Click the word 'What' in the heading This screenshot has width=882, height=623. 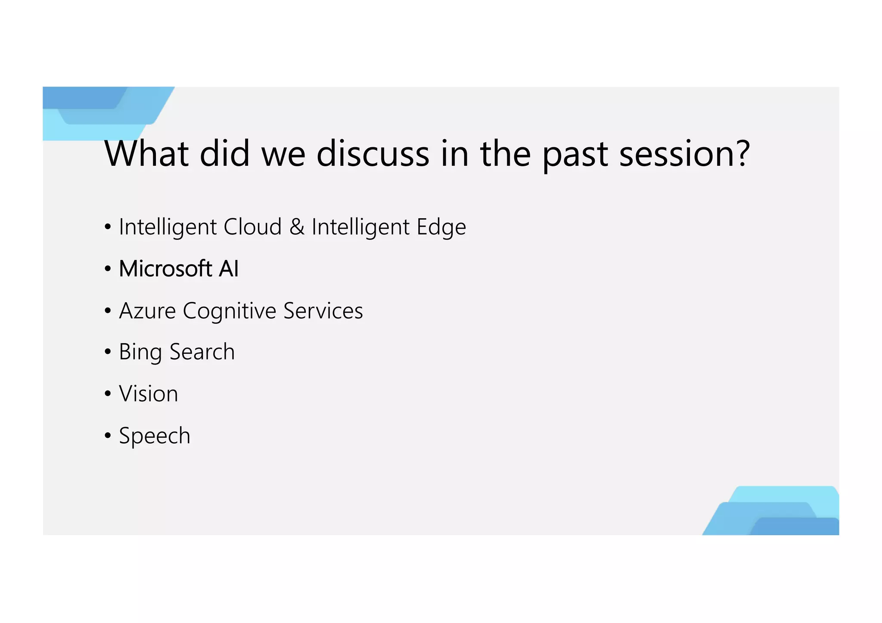click(x=146, y=154)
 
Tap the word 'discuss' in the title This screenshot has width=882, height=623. click(x=373, y=154)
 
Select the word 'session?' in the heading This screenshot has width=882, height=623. click(x=684, y=154)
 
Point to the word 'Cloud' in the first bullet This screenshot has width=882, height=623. click(x=252, y=227)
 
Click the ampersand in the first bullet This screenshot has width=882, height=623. click(x=297, y=227)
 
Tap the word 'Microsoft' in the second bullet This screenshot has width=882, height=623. click(x=165, y=269)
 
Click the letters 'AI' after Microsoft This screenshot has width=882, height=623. click(x=228, y=269)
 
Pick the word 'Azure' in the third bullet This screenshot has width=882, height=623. click(x=147, y=311)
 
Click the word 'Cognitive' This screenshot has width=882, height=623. click(x=229, y=311)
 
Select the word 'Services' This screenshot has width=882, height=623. click(x=323, y=311)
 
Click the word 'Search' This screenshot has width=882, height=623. click(x=202, y=352)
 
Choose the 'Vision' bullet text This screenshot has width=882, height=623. click(x=148, y=394)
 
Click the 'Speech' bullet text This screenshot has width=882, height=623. click(x=154, y=436)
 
